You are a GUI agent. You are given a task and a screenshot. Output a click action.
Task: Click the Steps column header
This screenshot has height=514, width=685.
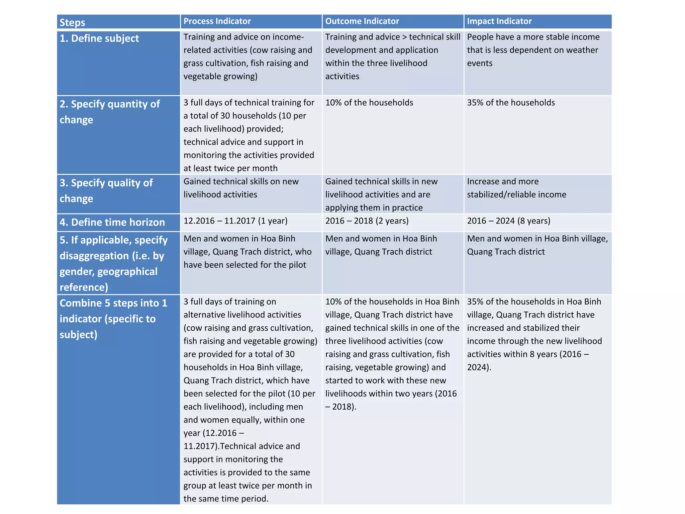72,22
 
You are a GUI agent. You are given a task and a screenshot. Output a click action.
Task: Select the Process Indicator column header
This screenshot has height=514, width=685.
217,21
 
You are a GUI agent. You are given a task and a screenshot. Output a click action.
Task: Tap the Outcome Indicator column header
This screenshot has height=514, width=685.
362,21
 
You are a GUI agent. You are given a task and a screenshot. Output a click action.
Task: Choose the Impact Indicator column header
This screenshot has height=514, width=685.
499,21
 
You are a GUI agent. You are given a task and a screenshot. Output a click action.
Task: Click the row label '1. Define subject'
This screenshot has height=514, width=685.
99,38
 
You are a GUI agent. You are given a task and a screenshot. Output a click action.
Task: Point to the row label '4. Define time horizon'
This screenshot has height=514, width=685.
112,222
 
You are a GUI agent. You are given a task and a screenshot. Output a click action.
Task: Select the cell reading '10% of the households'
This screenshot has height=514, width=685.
369,102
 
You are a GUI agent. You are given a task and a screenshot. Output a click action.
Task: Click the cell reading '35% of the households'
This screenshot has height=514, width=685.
511,102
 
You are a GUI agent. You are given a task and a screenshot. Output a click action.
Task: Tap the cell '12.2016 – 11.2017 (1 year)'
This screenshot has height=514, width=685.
235,221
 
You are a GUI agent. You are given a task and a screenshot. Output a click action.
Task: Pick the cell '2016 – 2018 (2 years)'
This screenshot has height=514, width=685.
367,221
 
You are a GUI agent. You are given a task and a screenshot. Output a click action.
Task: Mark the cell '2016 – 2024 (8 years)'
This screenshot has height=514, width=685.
508,221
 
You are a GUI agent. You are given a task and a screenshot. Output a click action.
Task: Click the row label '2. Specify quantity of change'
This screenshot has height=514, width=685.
109,112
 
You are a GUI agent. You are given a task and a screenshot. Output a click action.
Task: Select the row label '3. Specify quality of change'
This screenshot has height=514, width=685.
106,190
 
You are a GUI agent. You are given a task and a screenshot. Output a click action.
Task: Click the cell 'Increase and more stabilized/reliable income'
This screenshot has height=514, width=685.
516,188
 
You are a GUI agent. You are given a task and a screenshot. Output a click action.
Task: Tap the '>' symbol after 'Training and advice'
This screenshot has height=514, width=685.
404,37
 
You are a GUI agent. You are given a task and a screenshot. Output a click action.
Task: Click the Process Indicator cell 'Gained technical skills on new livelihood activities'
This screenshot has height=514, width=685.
241,188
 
